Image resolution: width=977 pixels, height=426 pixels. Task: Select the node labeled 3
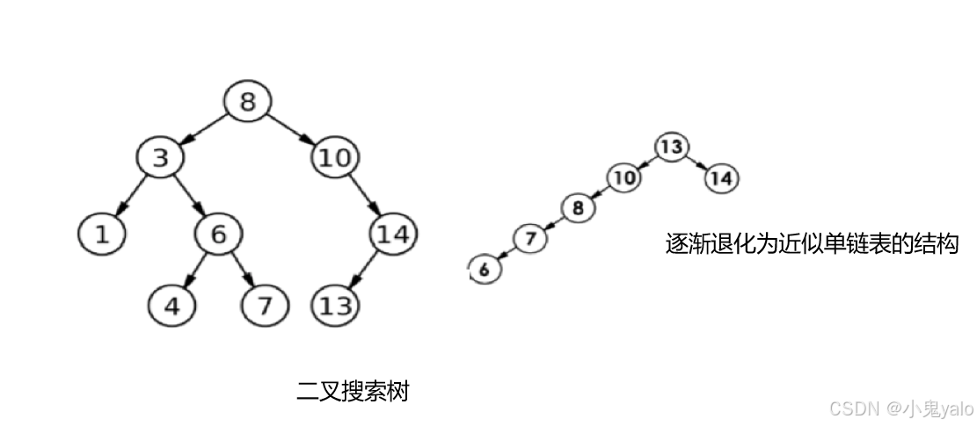tap(159, 157)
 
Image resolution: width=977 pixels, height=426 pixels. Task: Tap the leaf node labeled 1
tap(100, 234)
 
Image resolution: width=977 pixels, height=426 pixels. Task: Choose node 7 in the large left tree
tap(264, 306)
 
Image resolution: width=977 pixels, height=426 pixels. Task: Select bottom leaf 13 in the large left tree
tap(335, 306)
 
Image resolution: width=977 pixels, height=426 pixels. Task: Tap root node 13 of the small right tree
tap(671, 147)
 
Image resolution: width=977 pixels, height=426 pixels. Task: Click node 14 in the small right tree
tap(721, 178)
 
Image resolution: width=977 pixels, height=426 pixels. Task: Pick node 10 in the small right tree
tap(623, 178)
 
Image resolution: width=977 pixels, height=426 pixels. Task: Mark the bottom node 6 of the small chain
tap(483, 269)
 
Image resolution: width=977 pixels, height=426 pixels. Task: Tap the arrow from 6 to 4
tap(194, 271)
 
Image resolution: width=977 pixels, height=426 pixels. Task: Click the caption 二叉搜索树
tap(353, 391)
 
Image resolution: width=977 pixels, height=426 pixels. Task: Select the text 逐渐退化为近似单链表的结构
tap(810, 243)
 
